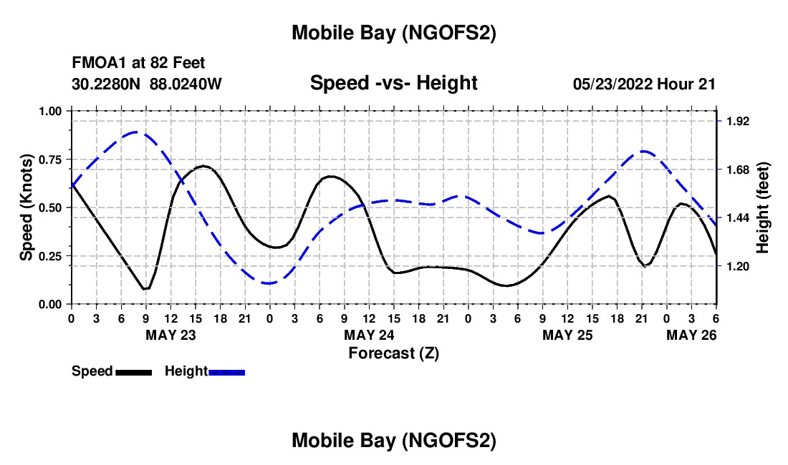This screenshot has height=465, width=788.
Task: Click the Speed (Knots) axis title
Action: [26, 207]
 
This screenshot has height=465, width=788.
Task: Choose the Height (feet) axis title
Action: [763, 207]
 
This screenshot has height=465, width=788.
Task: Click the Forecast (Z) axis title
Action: [393, 353]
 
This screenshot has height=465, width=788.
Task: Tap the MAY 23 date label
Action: [170, 335]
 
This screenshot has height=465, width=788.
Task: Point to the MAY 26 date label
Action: [692, 335]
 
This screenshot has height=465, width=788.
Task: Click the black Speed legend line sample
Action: [133, 371]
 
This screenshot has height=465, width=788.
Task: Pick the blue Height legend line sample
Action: [226, 371]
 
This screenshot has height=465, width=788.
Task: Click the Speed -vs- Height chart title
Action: [393, 83]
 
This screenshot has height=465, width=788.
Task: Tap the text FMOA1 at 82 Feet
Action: [139, 64]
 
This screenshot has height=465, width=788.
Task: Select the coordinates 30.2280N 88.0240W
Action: [147, 84]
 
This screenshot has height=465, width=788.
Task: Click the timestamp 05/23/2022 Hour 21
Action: [644, 84]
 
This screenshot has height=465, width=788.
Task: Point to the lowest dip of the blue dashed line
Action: [269, 283]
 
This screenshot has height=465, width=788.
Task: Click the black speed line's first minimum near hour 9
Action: [145, 289]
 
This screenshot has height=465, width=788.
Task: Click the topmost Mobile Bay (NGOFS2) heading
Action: [393, 33]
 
